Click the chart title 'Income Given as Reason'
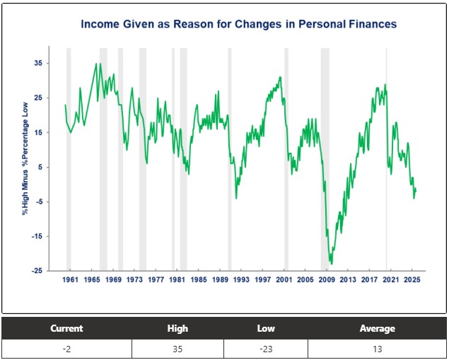(238, 24)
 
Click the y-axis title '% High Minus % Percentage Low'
(25, 158)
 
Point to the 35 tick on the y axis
(38, 63)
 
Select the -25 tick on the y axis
(37, 271)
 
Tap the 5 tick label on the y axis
(40, 167)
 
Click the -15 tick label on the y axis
(37, 236)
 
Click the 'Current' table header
(66, 328)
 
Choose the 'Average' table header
(377, 328)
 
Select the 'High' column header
(177, 328)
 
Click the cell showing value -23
(266, 349)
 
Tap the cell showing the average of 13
(377, 349)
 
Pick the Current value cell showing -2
(66, 349)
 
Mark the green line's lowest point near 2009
(331, 264)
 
